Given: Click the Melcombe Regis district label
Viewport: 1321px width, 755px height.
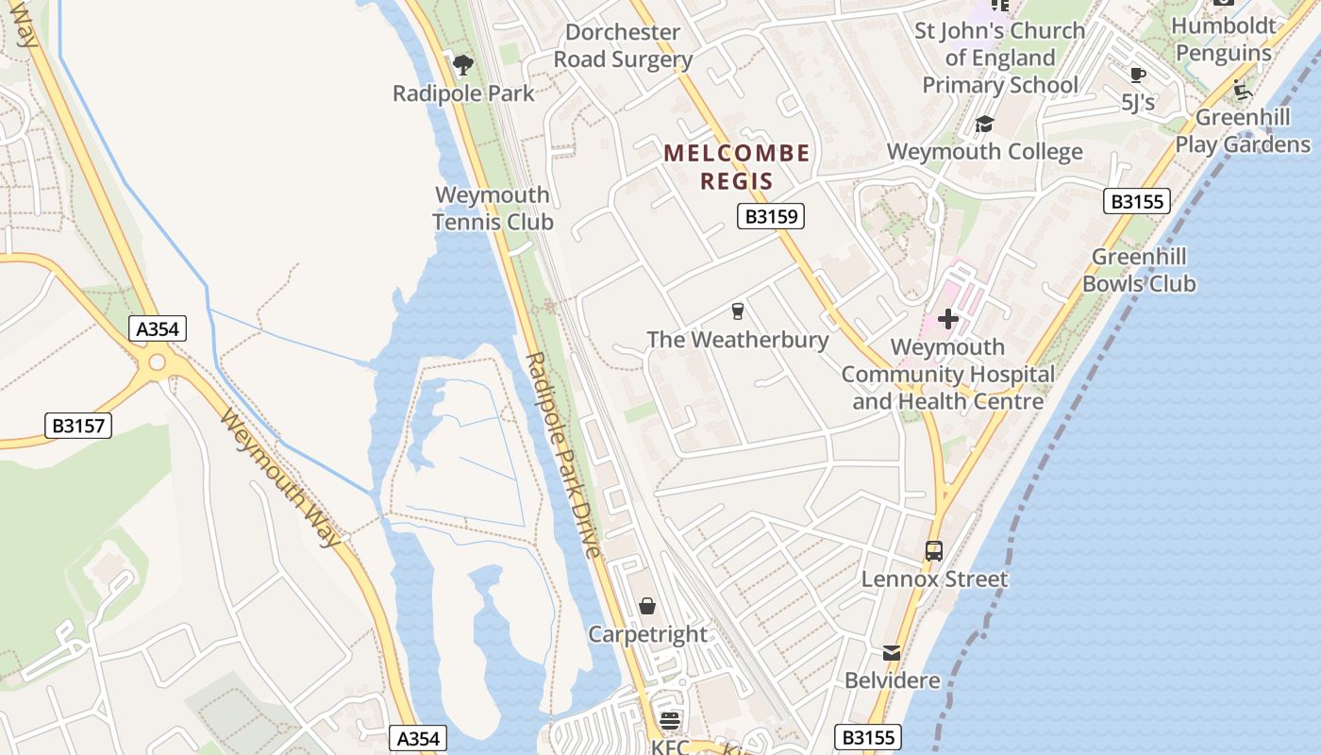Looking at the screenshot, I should point(736,166).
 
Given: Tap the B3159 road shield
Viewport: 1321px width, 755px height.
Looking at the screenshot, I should point(770,217).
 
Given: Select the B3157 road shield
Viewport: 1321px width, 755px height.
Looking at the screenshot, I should point(77,426).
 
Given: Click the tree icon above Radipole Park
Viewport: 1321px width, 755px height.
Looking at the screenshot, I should point(462,64).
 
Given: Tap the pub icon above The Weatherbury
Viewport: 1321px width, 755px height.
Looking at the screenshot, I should point(738,310).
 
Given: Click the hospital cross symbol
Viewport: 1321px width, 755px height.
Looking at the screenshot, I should point(948,319).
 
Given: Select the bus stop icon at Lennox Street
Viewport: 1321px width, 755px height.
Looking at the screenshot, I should point(934,550).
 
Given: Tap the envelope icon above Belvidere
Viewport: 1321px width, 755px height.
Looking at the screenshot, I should point(892,652).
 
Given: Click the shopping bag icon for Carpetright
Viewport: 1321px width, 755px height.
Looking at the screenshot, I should point(647,605).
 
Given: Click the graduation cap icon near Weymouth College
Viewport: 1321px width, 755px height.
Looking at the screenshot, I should point(984,124).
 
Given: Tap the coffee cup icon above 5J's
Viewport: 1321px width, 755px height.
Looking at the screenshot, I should point(1138,75).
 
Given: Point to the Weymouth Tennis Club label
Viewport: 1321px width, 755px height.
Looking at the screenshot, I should point(493,209).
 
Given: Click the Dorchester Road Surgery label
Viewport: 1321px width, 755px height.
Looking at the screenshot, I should point(623,45).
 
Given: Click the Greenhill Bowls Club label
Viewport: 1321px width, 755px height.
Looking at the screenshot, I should point(1139,270).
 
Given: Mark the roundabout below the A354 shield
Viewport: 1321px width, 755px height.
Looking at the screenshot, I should point(157,361).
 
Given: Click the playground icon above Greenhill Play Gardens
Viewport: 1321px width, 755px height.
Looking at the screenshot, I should point(1243,92).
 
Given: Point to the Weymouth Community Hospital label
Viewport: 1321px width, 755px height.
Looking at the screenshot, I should point(948,374).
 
